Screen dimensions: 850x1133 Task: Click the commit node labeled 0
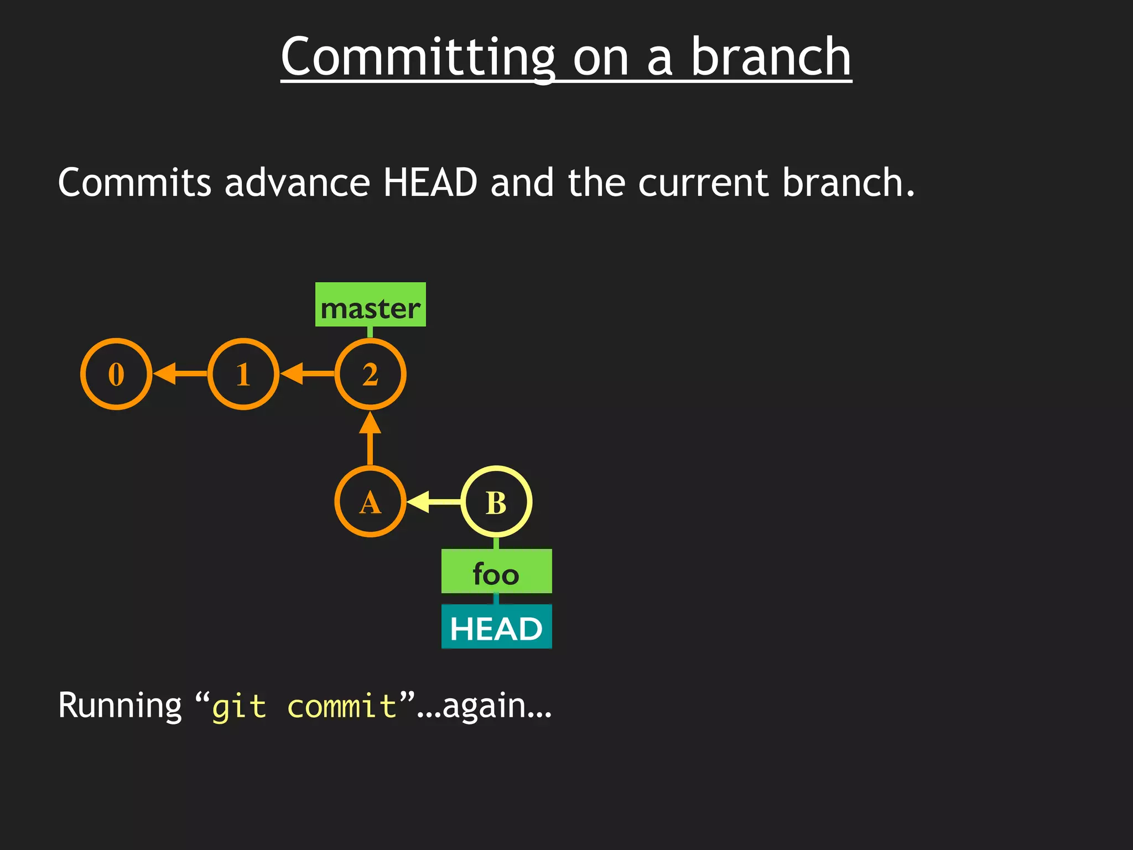(116, 374)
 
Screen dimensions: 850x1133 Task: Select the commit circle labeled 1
(243, 374)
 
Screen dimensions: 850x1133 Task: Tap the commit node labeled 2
(370, 374)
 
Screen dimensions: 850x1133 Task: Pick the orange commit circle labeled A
(370, 502)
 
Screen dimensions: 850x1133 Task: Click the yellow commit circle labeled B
(496, 502)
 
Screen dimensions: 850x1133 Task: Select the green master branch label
(370, 305)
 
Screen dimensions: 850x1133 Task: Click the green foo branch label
(496, 572)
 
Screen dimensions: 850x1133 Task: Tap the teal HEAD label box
(496, 627)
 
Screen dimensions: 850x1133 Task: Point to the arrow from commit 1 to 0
(180, 374)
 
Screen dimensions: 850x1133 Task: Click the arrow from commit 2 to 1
(307, 374)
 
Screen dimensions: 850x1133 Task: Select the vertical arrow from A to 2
(370, 438)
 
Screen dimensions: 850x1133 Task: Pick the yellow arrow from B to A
(433, 502)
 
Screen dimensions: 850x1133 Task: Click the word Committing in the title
(418, 58)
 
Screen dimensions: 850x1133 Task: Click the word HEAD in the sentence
(430, 183)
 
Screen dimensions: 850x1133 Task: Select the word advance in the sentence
(297, 183)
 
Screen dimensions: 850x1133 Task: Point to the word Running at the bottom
(119, 706)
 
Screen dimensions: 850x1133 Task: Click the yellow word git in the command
(239, 707)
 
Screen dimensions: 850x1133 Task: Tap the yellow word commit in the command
(342, 706)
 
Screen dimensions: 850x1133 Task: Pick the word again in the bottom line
(484, 707)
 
